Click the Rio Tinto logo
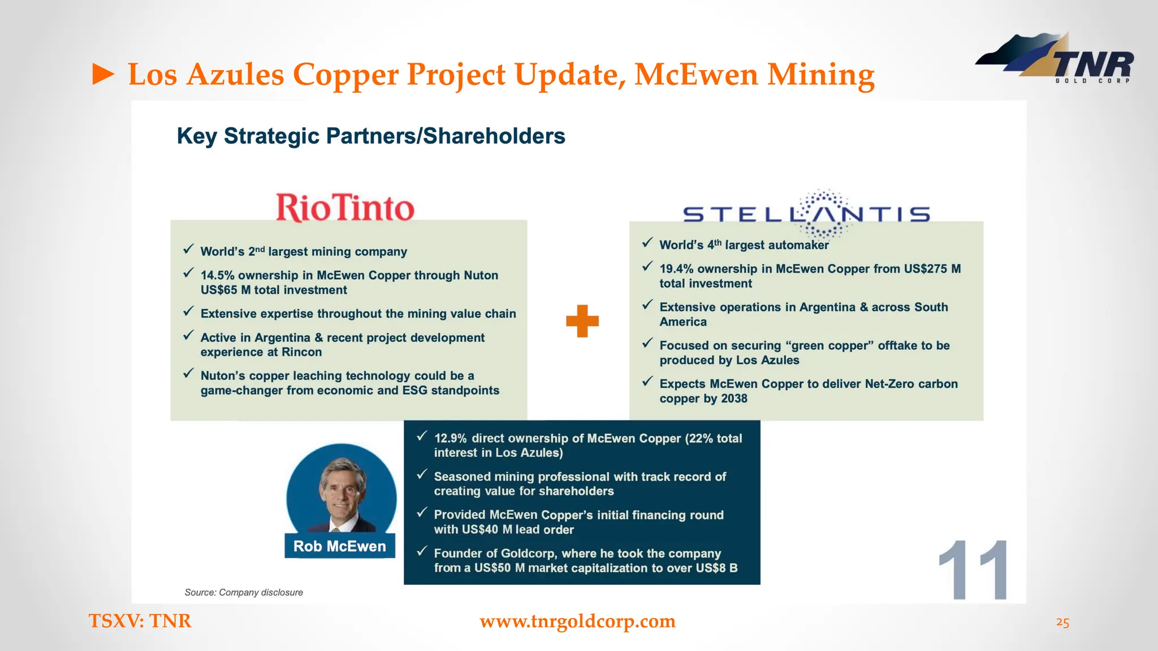point(345,207)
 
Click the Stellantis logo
point(806,214)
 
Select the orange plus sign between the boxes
point(582,321)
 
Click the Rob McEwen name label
point(339,546)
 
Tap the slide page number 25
point(1062,623)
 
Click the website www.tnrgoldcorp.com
point(577,621)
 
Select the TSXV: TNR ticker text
point(140,621)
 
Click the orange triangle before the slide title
point(103,75)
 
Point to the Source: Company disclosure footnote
point(244,592)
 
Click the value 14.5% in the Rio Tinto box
point(217,275)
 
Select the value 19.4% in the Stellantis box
point(676,269)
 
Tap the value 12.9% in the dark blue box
point(450,439)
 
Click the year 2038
point(734,399)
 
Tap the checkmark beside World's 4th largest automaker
point(647,243)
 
